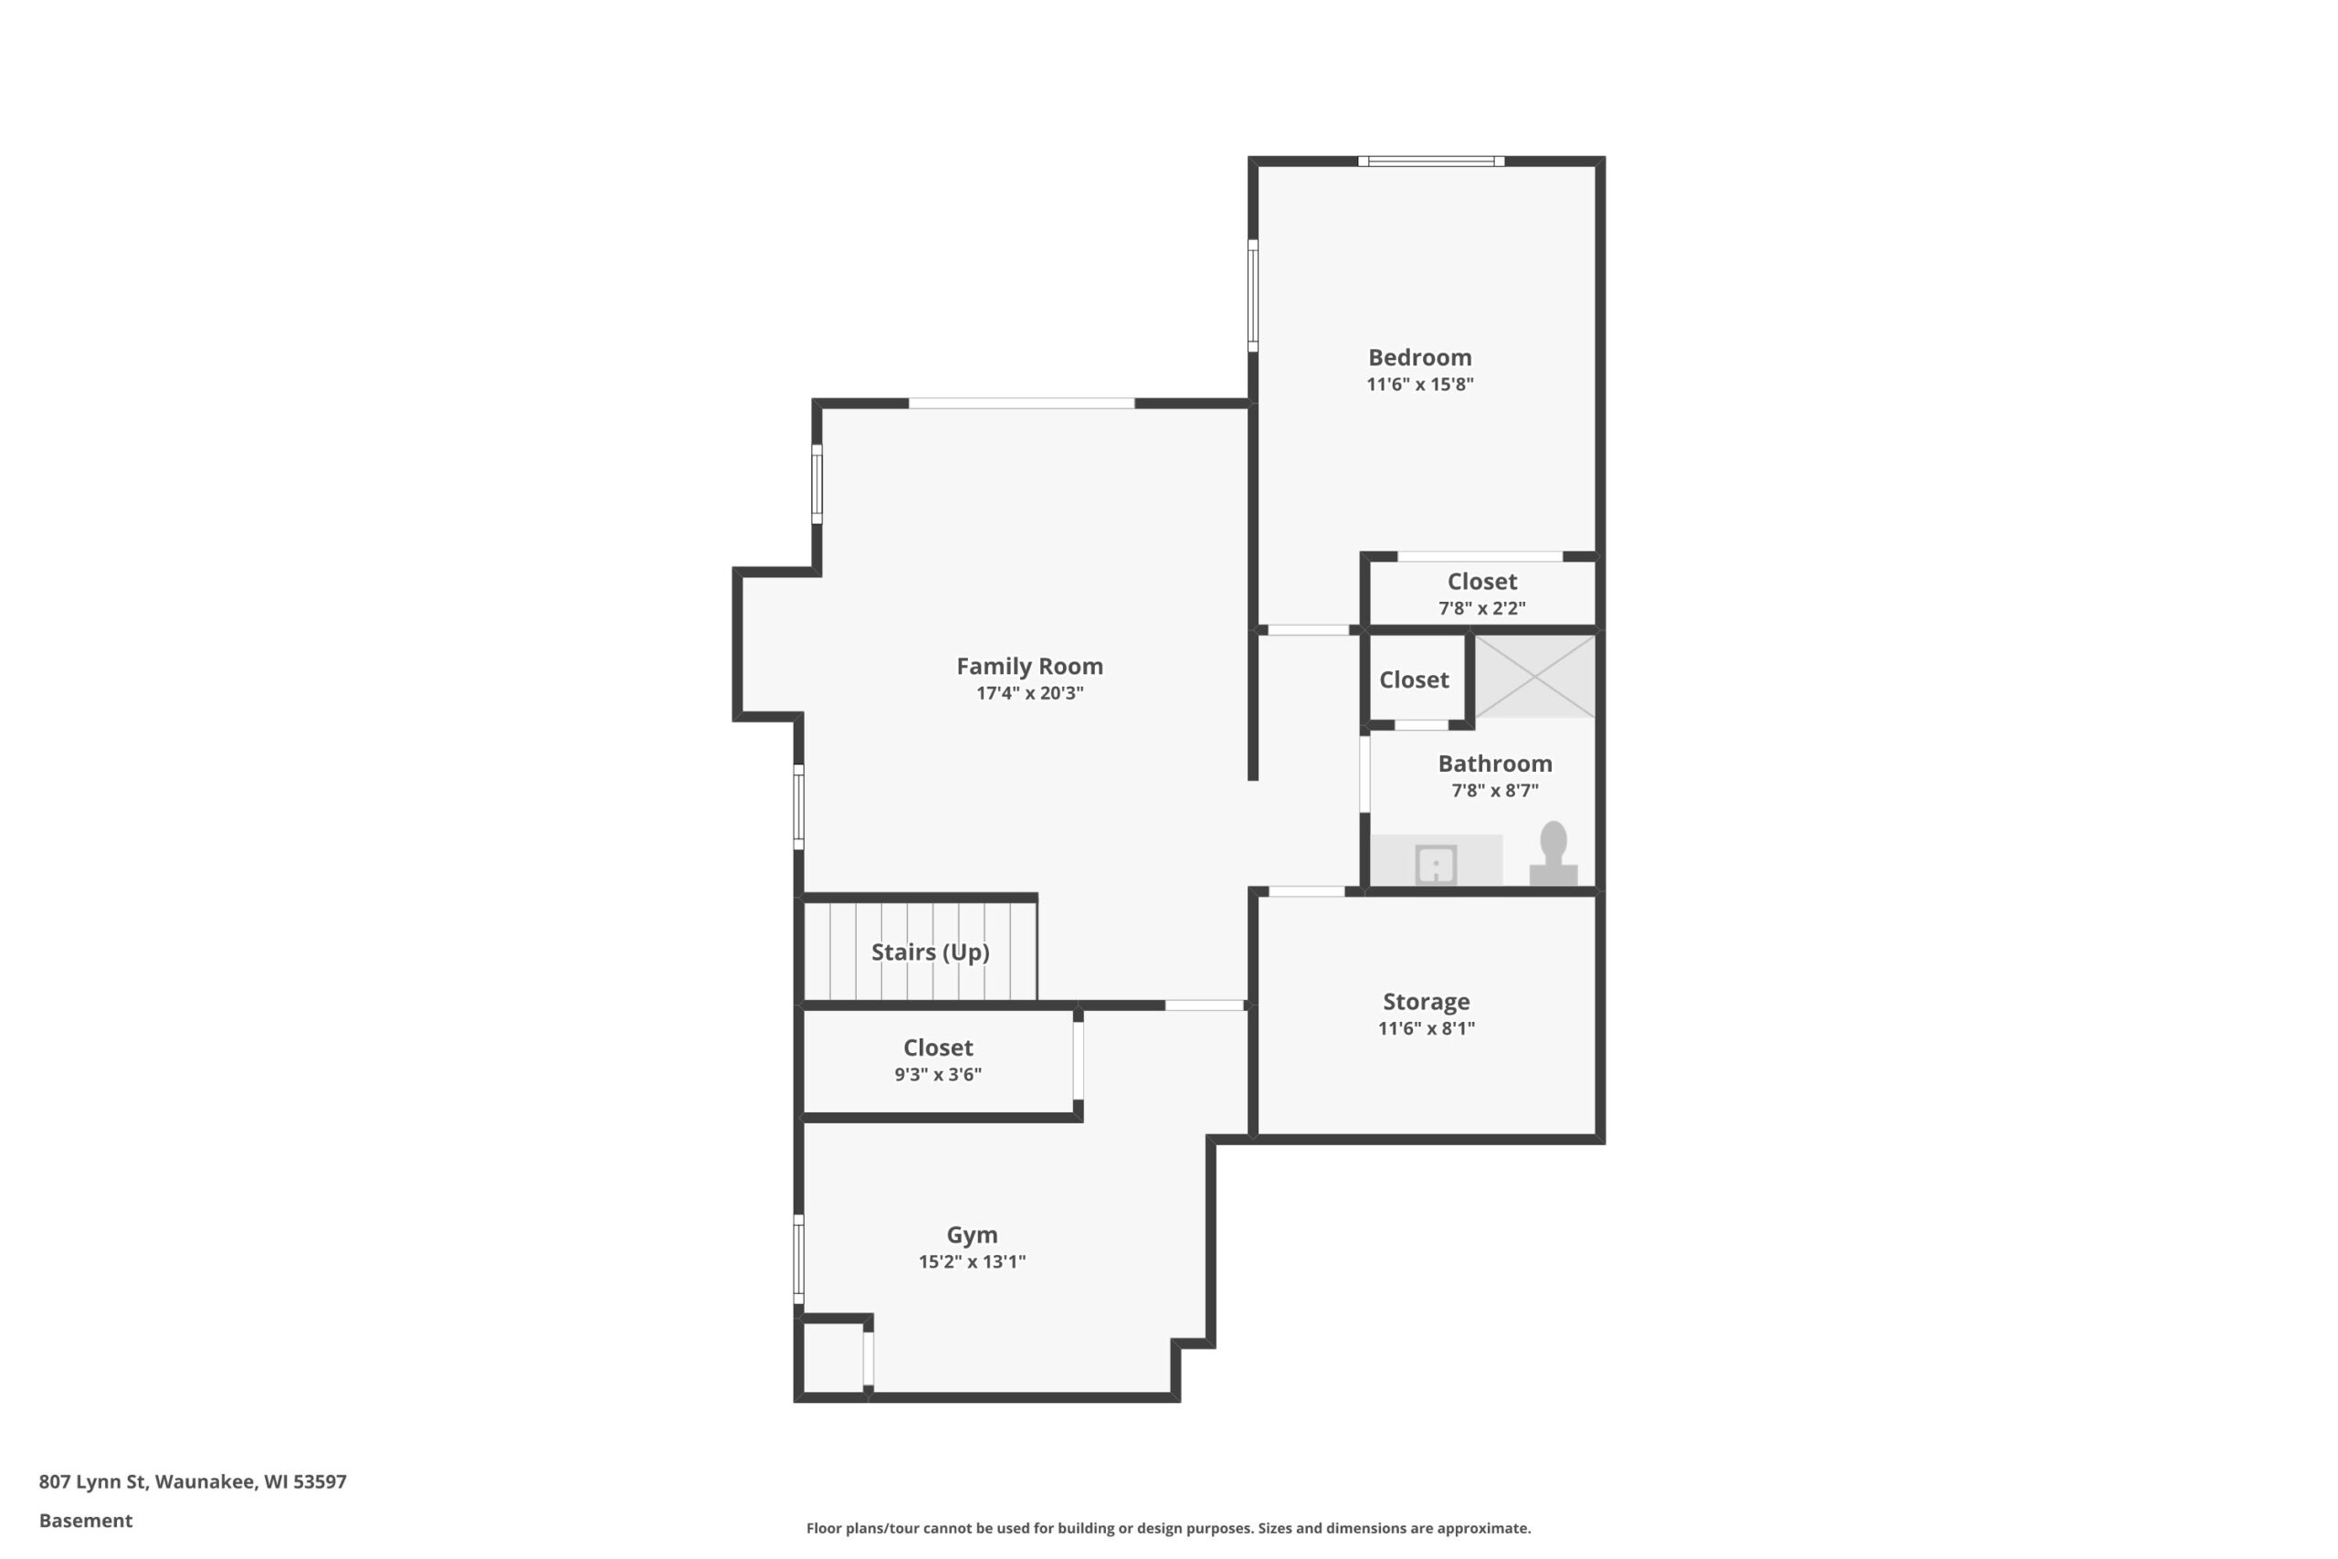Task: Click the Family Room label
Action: point(1029,666)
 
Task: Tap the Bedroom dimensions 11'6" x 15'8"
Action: point(1419,384)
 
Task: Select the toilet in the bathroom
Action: point(1553,853)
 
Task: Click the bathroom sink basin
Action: point(1437,864)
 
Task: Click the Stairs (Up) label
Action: point(931,953)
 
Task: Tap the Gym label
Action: point(971,1235)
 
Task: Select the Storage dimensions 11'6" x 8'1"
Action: point(1427,1029)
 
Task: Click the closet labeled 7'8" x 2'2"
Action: point(1481,594)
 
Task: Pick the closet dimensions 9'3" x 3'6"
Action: point(937,1075)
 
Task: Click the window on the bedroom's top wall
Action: point(1430,161)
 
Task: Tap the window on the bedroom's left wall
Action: point(1252,295)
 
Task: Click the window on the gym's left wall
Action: point(798,1259)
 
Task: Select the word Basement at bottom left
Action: point(86,1521)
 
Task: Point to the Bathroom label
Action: point(1495,764)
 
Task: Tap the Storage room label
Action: point(1426,1001)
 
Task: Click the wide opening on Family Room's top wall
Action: point(1021,403)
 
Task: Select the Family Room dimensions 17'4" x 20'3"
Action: point(1030,693)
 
